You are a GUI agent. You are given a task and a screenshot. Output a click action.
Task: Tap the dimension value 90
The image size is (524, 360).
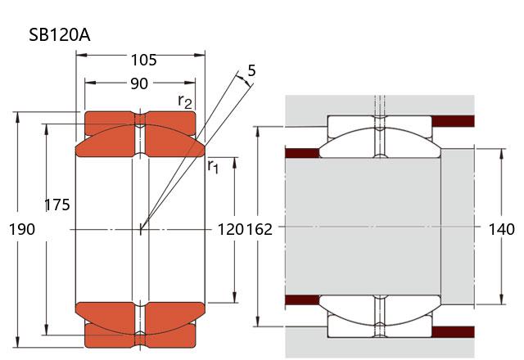click(140, 83)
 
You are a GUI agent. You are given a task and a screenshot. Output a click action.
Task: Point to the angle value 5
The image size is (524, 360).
click(251, 71)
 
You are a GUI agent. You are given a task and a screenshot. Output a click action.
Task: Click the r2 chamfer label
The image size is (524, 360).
click(186, 101)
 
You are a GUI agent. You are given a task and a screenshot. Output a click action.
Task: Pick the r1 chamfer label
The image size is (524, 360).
click(213, 166)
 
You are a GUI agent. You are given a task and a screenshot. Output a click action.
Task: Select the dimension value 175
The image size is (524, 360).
click(56, 205)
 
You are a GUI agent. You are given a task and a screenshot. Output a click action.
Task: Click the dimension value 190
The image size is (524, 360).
click(21, 229)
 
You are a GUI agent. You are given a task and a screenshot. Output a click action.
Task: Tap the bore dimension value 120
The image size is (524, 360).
click(228, 229)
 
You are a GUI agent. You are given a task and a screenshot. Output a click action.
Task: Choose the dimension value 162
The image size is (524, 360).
click(259, 229)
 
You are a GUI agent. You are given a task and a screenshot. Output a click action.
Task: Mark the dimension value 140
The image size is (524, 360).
click(502, 229)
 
